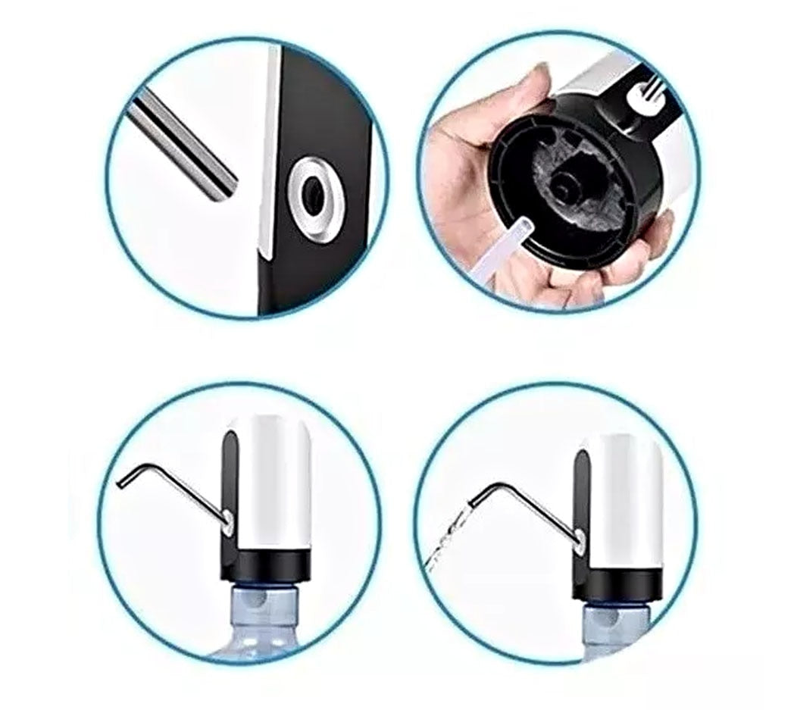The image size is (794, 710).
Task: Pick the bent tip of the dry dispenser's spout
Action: click(122, 482)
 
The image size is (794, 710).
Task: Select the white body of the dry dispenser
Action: click(273, 485)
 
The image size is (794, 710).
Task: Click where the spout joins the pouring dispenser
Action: click(580, 540)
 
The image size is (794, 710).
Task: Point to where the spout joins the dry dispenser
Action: click(227, 519)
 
